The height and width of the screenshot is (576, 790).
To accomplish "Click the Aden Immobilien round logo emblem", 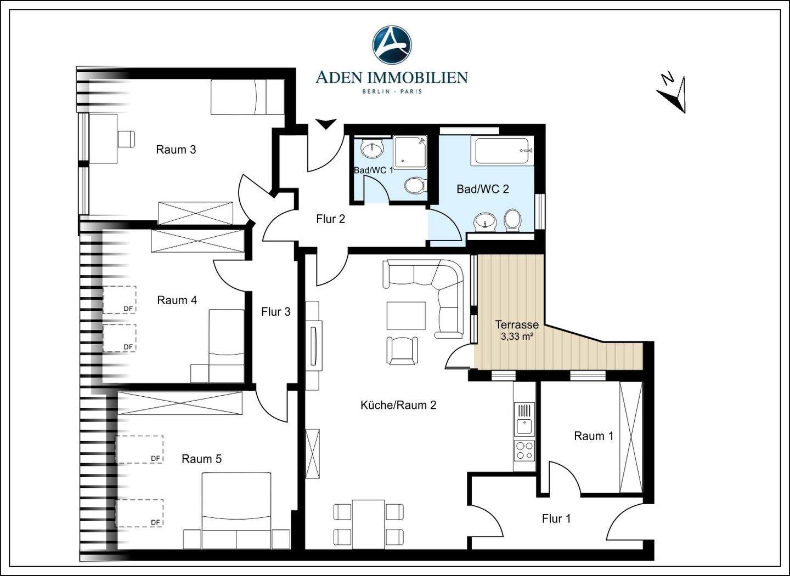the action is click(x=392, y=45).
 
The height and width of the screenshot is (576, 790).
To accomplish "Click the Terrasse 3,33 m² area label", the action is click(x=517, y=330).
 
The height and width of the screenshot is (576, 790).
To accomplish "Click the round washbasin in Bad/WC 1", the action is click(x=371, y=150).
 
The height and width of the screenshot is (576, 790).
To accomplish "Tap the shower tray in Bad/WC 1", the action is click(x=409, y=152).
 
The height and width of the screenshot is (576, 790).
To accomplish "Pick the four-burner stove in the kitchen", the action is click(x=524, y=450).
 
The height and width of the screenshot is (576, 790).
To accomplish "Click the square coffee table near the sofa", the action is click(x=406, y=315).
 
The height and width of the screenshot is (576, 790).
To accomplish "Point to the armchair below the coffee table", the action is click(x=402, y=351).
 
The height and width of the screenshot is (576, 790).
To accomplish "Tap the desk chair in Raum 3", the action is click(x=127, y=139).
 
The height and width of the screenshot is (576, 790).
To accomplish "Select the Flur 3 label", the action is click(x=276, y=312).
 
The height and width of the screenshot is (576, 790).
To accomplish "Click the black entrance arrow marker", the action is click(x=325, y=124).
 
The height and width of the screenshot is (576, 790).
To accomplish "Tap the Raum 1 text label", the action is click(x=594, y=436).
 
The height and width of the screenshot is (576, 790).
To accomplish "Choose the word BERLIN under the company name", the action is click(x=376, y=92).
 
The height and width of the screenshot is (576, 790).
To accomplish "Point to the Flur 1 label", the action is click(x=556, y=519).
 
